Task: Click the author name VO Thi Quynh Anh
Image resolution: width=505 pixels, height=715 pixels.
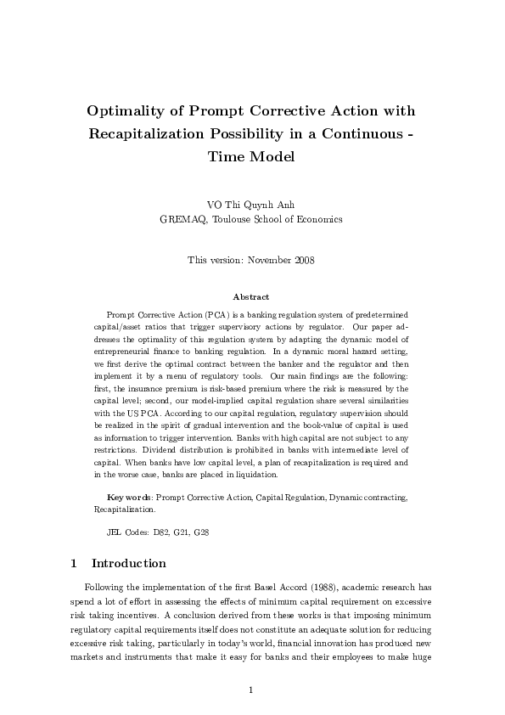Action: pyautogui.click(x=251, y=205)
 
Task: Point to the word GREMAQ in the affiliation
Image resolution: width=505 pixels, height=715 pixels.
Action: pyautogui.click(x=182, y=219)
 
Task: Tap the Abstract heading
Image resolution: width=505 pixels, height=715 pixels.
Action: pyautogui.click(x=251, y=297)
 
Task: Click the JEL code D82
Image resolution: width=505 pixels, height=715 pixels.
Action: pyautogui.click(x=160, y=532)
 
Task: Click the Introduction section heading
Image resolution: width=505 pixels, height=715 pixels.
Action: pyautogui.click(x=128, y=563)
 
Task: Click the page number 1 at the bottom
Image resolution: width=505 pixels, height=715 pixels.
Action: pyautogui.click(x=252, y=690)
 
